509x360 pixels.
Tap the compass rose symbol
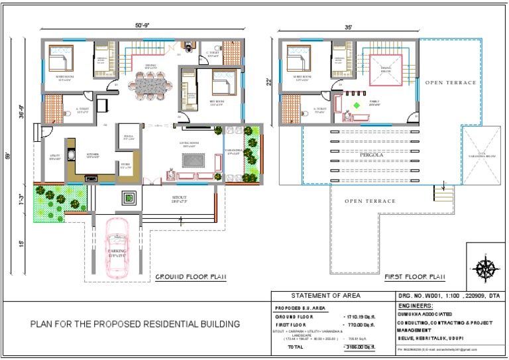click(x=486, y=269)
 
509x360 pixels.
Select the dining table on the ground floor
click(x=154, y=85)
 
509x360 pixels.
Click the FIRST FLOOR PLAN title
click(x=415, y=276)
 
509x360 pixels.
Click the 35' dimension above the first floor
click(x=348, y=27)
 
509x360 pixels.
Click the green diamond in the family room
click(x=357, y=105)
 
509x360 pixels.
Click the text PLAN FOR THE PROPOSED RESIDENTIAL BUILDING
click(x=135, y=324)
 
